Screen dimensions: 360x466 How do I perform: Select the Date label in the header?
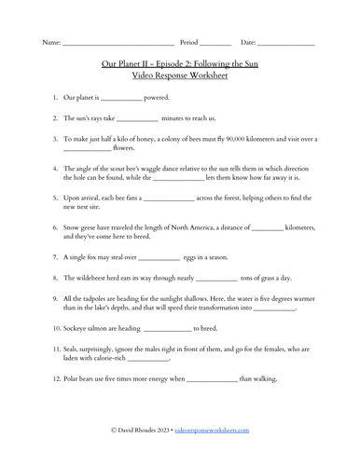(x=249, y=43)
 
